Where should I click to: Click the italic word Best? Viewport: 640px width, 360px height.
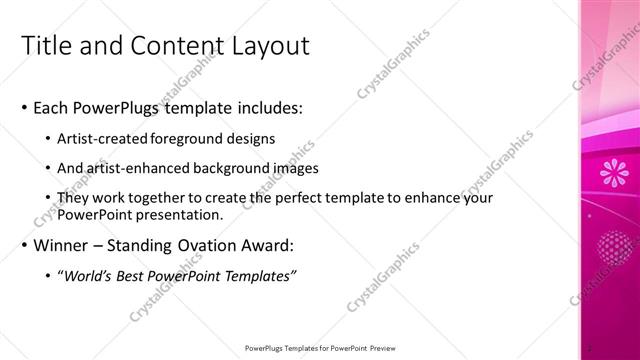coord(145,275)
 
